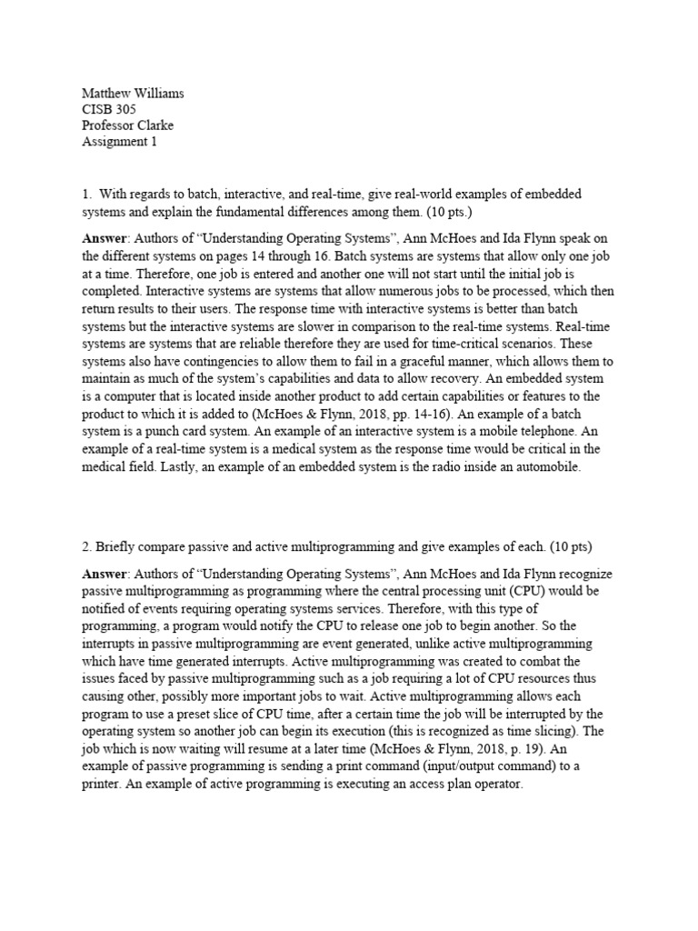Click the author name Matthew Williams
(133, 93)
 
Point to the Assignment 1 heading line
(120, 142)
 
